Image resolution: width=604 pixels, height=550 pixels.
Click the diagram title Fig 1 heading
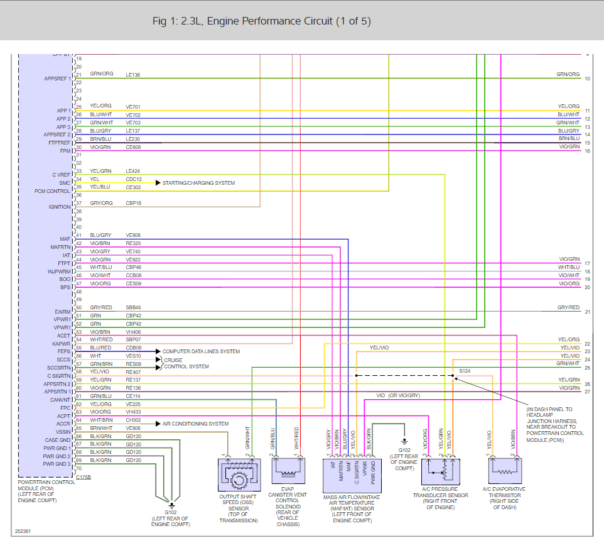pos(261,21)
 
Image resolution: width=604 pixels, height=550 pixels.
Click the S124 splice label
pos(465,371)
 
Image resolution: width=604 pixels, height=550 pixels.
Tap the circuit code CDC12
pos(134,179)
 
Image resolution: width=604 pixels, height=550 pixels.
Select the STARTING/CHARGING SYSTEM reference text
pos(198,183)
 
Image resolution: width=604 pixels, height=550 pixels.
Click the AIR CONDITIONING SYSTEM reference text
pos(195,424)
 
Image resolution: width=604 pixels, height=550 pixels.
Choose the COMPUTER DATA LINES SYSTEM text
pos(201,351)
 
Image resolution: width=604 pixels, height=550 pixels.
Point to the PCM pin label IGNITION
pos(60,207)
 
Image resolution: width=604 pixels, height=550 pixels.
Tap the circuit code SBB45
pos(134,307)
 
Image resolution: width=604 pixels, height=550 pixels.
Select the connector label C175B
pos(83,477)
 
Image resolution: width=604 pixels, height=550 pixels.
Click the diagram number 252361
pos(23,531)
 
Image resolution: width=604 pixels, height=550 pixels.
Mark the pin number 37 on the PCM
pos(79,203)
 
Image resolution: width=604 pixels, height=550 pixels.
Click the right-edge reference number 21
pos(588,312)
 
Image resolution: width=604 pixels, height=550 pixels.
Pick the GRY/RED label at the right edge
pos(568,308)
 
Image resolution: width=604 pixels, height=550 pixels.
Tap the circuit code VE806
pos(133,428)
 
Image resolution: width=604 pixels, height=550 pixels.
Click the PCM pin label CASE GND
pos(58,440)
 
